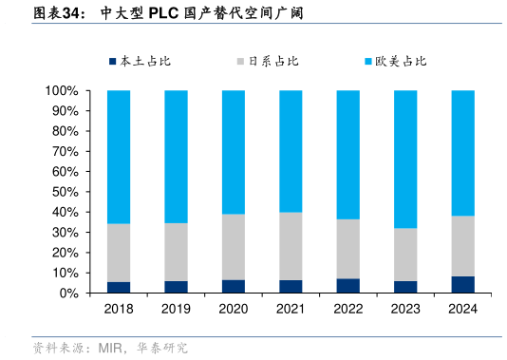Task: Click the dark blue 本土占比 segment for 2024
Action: (462, 285)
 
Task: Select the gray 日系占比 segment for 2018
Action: (119, 253)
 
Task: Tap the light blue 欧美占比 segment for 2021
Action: (291, 151)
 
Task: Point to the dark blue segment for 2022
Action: (348, 286)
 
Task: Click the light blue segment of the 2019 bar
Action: (176, 157)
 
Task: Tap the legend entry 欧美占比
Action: (401, 62)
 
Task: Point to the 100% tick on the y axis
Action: (60, 91)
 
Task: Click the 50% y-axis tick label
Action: (64, 192)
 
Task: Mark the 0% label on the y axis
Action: (67, 294)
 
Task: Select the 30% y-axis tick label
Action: (64, 233)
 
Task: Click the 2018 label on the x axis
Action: (119, 310)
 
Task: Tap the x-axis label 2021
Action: (291, 310)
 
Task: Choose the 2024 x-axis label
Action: (462, 310)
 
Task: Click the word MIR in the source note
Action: (110, 349)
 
